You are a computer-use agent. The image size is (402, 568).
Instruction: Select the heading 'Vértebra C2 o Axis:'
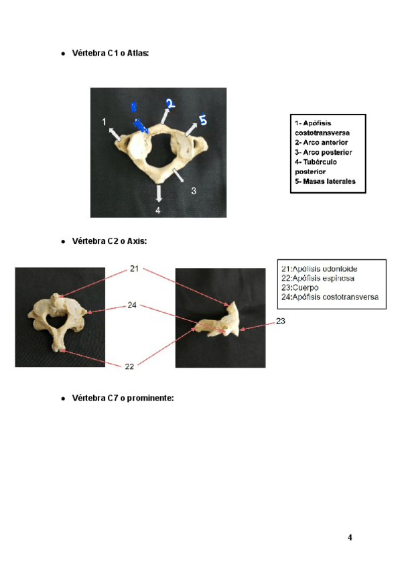pyautogui.click(x=109, y=240)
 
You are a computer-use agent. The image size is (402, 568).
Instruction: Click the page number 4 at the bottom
pyautogui.click(x=350, y=537)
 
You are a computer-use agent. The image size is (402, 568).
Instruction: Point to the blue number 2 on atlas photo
pyautogui.click(x=170, y=103)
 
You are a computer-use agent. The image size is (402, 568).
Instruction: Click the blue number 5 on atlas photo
pyautogui.click(x=203, y=121)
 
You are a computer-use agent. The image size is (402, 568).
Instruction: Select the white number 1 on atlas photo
pyautogui.click(x=105, y=121)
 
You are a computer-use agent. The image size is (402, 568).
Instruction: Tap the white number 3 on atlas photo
pyautogui.click(x=194, y=191)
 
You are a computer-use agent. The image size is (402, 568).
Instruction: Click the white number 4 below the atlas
pyautogui.click(x=158, y=210)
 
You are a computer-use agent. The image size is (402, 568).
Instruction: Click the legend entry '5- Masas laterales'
pyautogui.click(x=325, y=182)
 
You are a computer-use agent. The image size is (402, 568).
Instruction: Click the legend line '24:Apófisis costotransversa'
pyautogui.click(x=330, y=297)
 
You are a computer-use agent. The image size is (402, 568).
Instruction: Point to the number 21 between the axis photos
pyautogui.click(x=134, y=269)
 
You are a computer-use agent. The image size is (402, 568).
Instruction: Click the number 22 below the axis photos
pyautogui.click(x=129, y=366)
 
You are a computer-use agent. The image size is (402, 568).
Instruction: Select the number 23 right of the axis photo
pyautogui.click(x=281, y=322)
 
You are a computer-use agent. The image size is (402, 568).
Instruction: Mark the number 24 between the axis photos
pyautogui.click(x=133, y=306)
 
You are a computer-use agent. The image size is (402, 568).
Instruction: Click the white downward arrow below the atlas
pyautogui.click(x=159, y=194)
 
